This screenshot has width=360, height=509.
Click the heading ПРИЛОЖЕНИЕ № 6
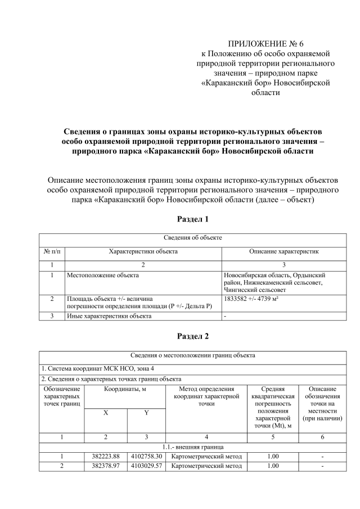click(x=265, y=44)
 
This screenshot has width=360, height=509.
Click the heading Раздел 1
click(x=193, y=218)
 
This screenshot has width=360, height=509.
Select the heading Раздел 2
click(x=193, y=336)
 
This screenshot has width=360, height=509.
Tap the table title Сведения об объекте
click(x=193, y=238)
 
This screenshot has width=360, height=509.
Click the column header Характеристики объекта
click(x=143, y=251)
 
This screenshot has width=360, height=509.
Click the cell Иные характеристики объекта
click(x=109, y=316)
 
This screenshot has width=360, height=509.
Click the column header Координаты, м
click(x=125, y=389)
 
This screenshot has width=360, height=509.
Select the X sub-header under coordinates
click(x=105, y=413)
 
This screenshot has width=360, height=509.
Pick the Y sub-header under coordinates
click(x=146, y=413)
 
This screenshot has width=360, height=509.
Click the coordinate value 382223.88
click(x=106, y=456)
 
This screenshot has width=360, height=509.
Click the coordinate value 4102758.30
click(x=146, y=456)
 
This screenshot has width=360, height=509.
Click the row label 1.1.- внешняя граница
click(x=193, y=446)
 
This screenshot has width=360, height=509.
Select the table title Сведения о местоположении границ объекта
click(x=193, y=355)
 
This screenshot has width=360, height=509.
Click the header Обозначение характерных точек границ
click(x=62, y=396)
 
